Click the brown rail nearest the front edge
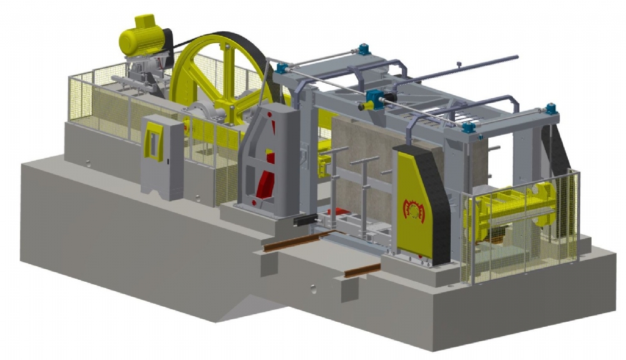point(362,270)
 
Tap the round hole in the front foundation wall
point(311,289)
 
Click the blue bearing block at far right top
point(551,109)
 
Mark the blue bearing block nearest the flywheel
point(280,68)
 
